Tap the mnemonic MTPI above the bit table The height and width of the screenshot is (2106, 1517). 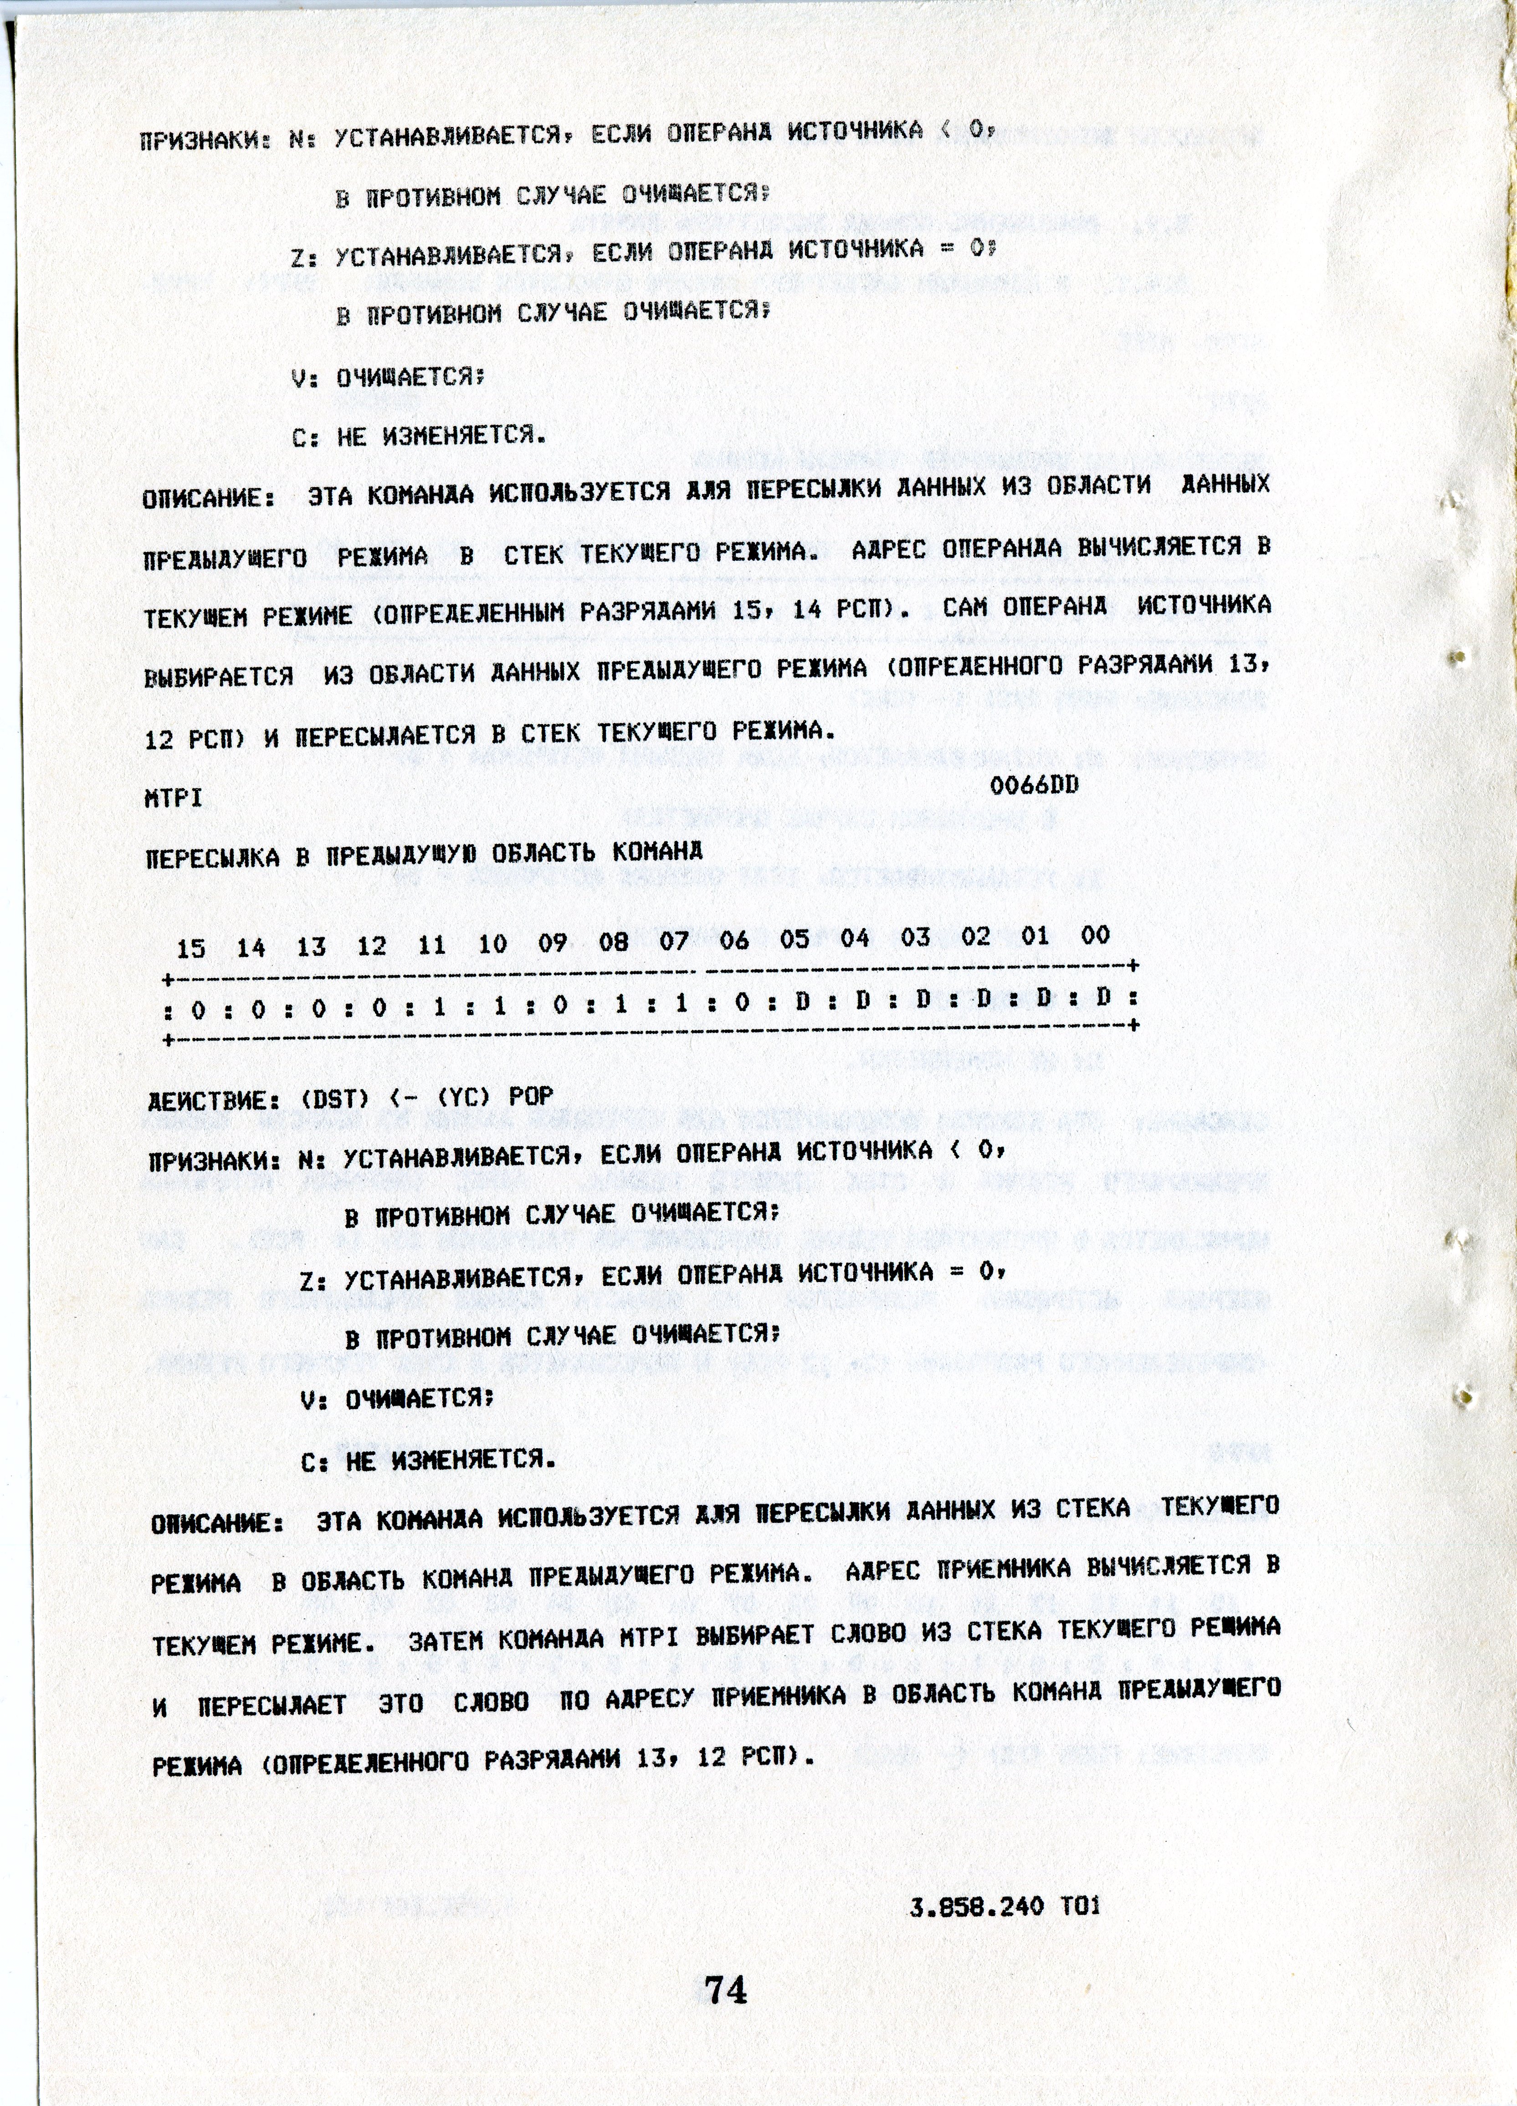[x=174, y=798]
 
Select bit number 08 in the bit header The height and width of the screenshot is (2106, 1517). [x=613, y=942]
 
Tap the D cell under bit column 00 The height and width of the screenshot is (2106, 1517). [x=1103, y=998]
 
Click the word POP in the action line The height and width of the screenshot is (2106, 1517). [x=530, y=1096]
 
